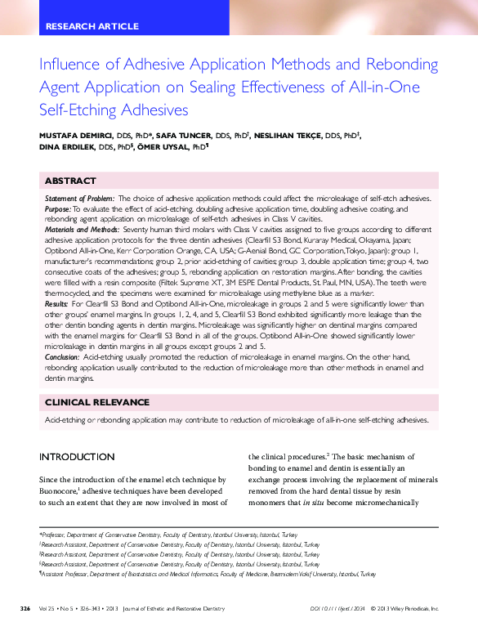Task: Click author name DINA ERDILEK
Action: [x=66, y=148]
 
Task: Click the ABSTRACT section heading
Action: [x=69, y=181]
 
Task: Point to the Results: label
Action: [x=56, y=304]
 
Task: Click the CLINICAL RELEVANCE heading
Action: [x=96, y=402]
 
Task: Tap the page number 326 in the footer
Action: [x=25, y=609]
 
